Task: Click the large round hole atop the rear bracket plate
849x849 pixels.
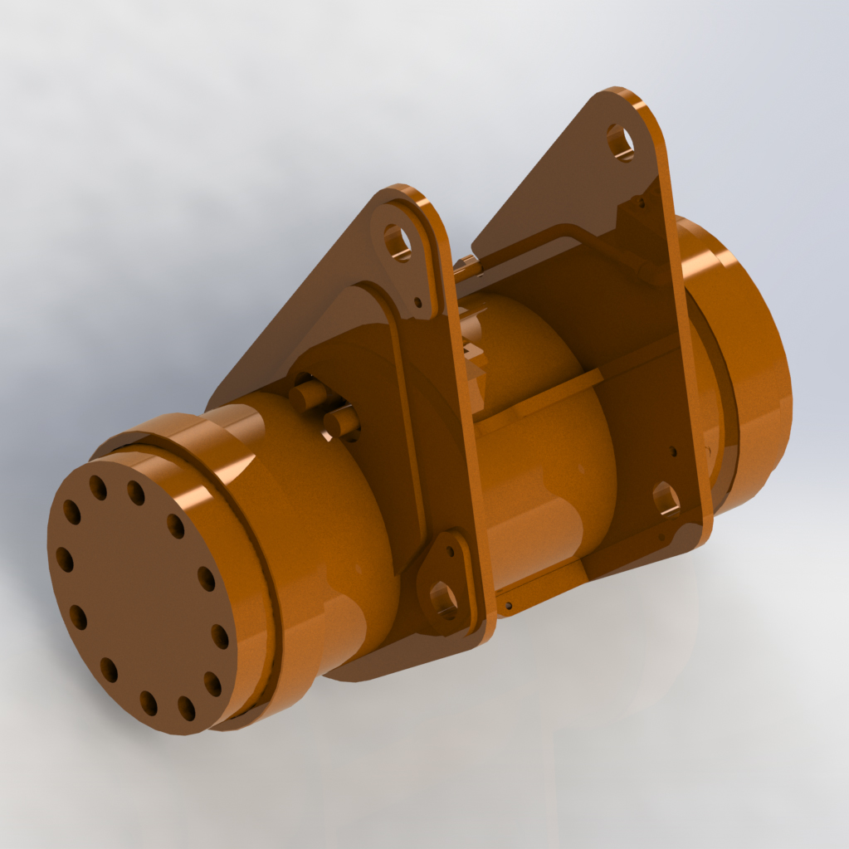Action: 620,142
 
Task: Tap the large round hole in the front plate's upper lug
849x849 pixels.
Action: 397,242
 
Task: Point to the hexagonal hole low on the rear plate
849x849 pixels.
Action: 666,499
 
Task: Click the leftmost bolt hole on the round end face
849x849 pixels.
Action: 64,559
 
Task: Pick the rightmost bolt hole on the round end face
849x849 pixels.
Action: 220,637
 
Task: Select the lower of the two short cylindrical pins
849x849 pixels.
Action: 341,423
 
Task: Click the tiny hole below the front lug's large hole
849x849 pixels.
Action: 417,302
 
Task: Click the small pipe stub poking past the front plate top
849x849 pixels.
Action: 465,266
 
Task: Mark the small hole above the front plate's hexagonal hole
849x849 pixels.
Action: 450,550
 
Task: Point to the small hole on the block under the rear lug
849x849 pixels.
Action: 638,201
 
